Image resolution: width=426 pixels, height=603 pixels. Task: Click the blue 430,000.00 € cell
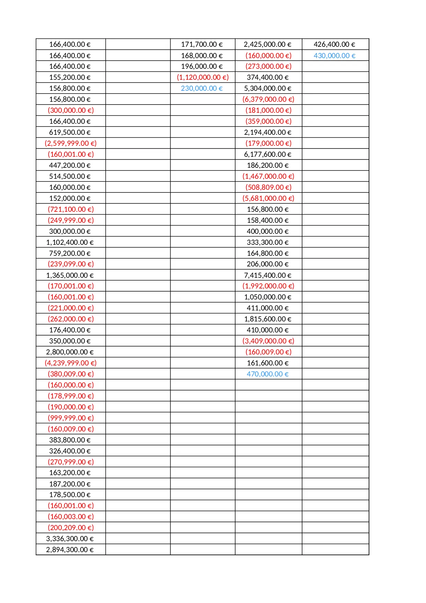pyautogui.click(x=334, y=56)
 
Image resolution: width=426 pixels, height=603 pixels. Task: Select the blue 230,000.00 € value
pyautogui.click(x=202, y=88)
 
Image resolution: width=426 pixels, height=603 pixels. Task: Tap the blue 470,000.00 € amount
pyautogui.click(x=268, y=374)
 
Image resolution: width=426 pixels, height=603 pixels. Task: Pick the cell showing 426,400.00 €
pyautogui.click(x=334, y=44)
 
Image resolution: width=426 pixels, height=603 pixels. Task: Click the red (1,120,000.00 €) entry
pyautogui.click(x=203, y=77)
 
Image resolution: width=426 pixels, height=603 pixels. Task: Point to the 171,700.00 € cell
pyautogui.click(x=202, y=44)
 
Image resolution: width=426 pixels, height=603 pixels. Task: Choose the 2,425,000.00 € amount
pyautogui.click(x=268, y=44)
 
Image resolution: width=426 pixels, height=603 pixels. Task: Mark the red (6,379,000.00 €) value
pyautogui.click(x=268, y=99)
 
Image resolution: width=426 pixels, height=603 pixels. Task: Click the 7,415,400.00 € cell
pyautogui.click(x=268, y=275)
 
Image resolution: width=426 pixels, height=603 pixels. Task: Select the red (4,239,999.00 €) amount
pyautogui.click(x=71, y=363)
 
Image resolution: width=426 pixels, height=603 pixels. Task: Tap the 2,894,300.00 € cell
pyautogui.click(x=70, y=550)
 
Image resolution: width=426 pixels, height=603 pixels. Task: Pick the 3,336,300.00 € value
pyautogui.click(x=70, y=539)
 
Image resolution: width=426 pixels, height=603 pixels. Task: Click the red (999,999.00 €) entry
pyautogui.click(x=71, y=418)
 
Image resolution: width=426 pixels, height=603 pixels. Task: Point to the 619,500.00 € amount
pyautogui.click(x=70, y=132)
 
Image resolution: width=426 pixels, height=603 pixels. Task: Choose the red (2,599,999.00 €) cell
pyautogui.click(x=71, y=143)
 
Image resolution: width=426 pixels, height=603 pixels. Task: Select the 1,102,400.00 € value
pyautogui.click(x=70, y=242)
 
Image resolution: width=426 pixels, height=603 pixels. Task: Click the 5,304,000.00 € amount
pyautogui.click(x=268, y=88)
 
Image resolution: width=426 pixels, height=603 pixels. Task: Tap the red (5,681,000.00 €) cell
pyautogui.click(x=268, y=198)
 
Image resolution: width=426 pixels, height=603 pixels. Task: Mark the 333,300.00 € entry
pyautogui.click(x=268, y=242)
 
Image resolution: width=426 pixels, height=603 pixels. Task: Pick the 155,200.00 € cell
pyautogui.click(x=70, y=77)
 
